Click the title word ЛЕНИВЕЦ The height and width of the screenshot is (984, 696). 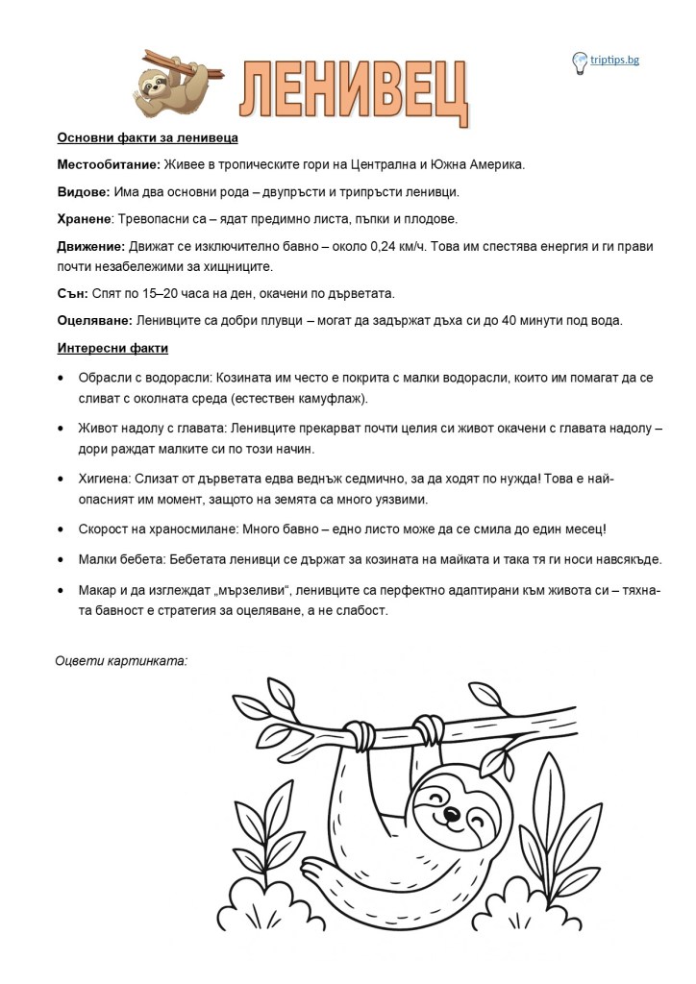tap(354, 93)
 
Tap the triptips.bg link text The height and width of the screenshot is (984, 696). tap(615, 61)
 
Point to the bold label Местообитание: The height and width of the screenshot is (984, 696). tap(108, 164)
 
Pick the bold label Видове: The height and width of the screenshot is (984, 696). tap(84, 192)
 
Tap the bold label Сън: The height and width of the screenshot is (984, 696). tap(72, 291)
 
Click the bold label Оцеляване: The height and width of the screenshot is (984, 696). tap(95, 319)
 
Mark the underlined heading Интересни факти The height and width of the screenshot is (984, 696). tap(112, 347)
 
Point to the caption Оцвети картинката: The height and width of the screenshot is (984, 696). tap(120, 660)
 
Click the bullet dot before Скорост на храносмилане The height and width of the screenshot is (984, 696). tap(62, 529)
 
